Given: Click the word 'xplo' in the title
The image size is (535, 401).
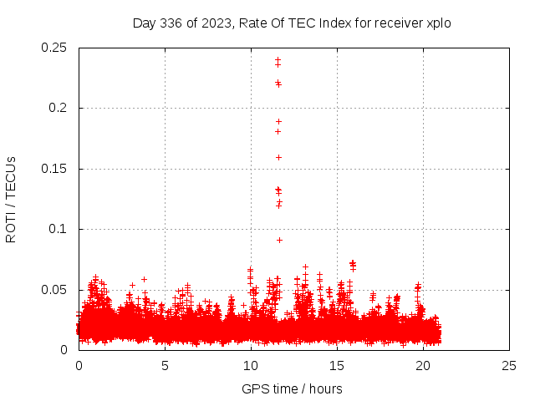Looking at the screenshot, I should [x=439, y=23].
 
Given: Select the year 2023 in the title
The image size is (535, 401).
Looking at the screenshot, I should [x=216, y=23].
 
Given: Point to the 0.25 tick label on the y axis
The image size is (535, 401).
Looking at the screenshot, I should [x=55, y=48].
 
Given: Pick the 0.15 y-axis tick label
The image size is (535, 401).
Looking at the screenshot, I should [x=55, y=169].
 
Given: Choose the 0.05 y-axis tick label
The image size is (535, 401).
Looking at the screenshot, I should [x=55, y=290].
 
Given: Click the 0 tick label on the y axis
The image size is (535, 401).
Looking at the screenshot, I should [x=66, y=350].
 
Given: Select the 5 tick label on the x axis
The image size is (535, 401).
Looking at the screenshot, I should [x=165, y=365].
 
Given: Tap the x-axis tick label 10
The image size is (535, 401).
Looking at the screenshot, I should [x=251, y=365].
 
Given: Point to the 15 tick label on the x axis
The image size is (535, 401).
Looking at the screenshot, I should [x=337, y=365].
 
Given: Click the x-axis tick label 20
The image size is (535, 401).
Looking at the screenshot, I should [x=423, y=365].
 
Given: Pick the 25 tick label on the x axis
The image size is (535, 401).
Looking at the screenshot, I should [x=509, y=365].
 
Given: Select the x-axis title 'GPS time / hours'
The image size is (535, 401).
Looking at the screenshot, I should [x=292, y=388].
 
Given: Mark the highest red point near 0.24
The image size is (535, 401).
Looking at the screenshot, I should [x=278, y=59].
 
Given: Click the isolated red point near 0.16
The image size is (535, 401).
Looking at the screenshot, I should [x=278, y=157].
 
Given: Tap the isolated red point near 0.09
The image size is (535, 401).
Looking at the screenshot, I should [x=279, y=240].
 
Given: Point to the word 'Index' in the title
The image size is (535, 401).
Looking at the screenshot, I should [x=345, y=23].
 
